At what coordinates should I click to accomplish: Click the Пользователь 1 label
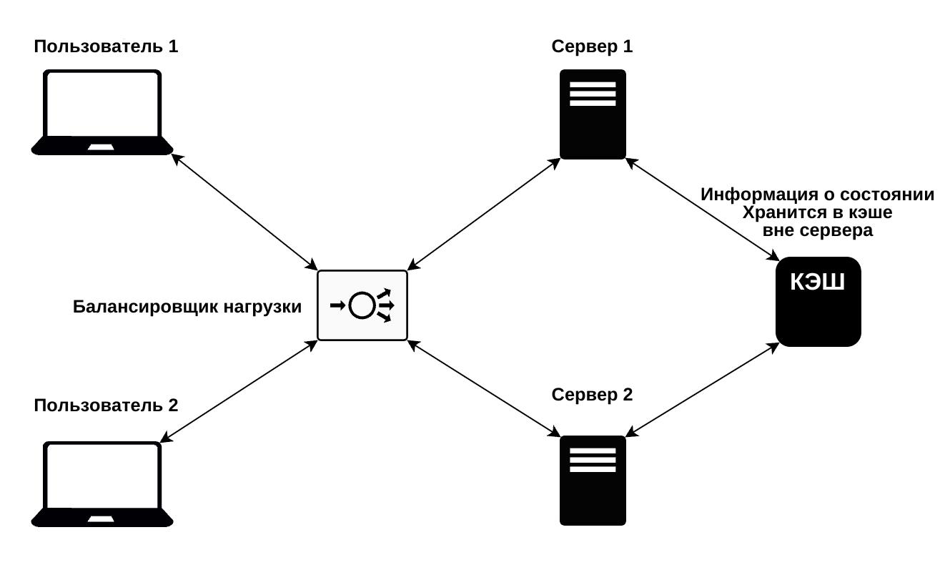(106, 47)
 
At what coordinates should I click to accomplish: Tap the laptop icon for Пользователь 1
(102, 112)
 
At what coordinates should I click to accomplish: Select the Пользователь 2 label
(106, 406)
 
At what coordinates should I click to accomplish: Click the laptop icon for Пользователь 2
(102, 484)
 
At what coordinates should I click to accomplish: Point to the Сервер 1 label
(592, 47)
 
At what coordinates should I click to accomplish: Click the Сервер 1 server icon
(593, 114)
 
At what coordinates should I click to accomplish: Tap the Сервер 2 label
(592, 395)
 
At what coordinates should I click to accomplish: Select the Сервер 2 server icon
(593, 481)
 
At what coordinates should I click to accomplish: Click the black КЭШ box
(818, 302)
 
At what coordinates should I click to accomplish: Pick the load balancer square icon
(362, 305)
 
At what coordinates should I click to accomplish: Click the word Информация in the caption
(759, 195)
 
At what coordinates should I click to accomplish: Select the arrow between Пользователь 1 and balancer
(245, 212)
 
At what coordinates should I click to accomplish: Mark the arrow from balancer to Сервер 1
(483, 212)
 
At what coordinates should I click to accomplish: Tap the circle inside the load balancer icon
(362, 306)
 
